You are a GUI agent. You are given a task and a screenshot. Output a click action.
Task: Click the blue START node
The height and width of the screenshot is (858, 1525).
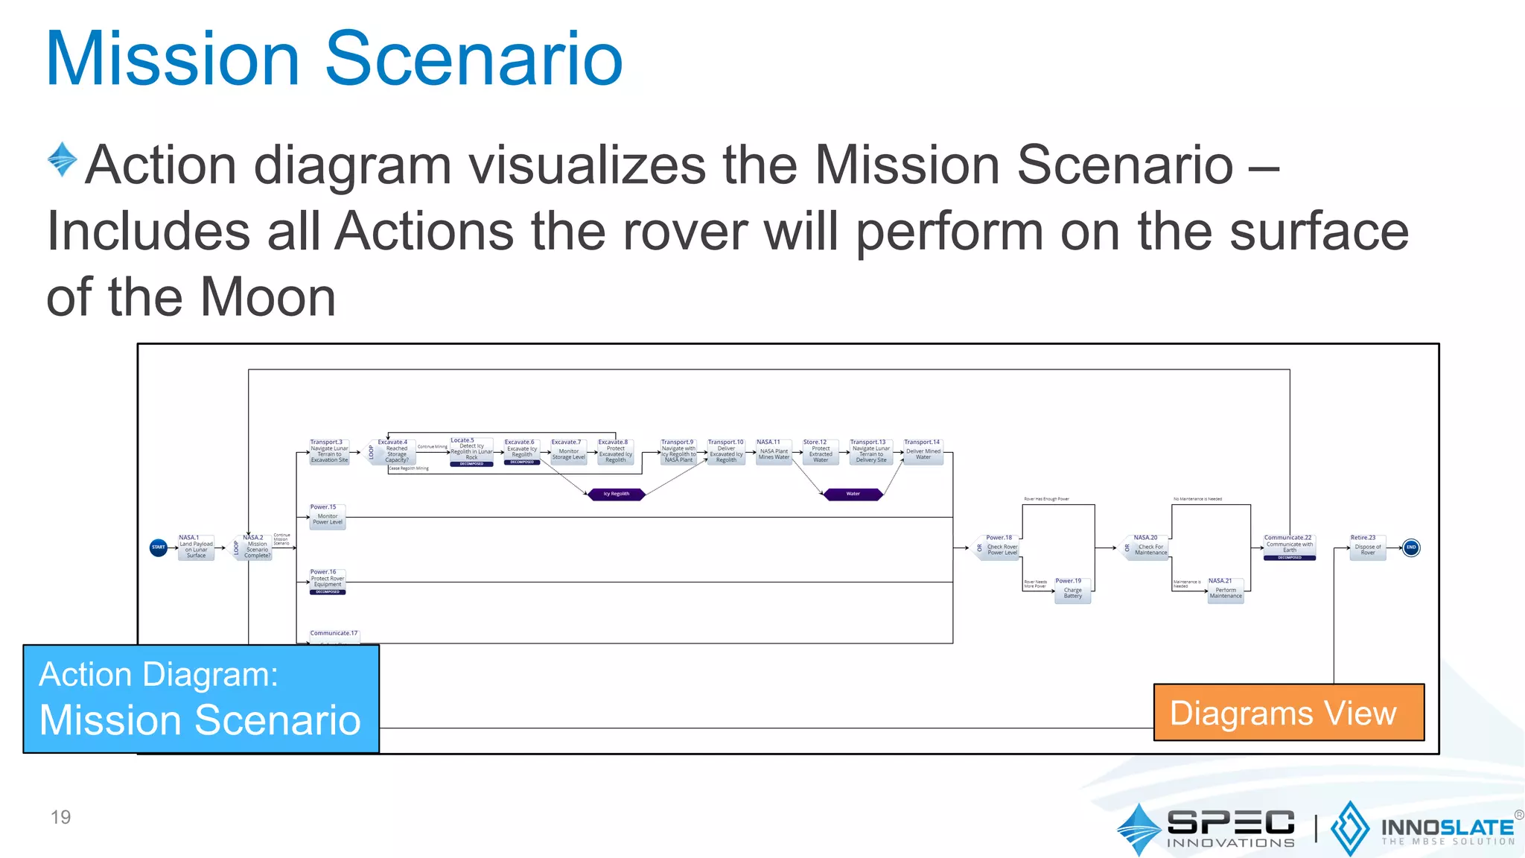tap(159, 547)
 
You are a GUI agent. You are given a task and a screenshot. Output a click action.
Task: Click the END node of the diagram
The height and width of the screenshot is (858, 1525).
tap(1410, 547)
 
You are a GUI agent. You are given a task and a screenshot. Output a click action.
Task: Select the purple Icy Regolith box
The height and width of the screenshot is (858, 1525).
tap(617, 494)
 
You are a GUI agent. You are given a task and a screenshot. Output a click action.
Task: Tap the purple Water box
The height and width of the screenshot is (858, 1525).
tap(853, 494)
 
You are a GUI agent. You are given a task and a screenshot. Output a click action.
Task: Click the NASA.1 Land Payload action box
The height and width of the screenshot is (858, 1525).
tap(196, 548)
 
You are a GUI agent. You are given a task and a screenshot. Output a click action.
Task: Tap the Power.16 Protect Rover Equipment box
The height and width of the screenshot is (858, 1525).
tap(328, 582)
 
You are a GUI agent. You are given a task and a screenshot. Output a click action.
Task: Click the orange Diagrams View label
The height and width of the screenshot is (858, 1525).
tap(1289, 713)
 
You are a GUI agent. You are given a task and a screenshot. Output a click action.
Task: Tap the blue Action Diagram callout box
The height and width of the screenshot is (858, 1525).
tap(201, 699)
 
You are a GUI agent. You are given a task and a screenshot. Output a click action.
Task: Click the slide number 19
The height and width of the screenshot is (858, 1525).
tap(60, 817)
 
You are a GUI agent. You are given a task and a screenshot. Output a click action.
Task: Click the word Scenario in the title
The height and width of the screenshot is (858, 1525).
tap(474, 60)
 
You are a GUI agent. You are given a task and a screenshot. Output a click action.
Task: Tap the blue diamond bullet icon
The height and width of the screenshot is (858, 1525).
tap(62, 159)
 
